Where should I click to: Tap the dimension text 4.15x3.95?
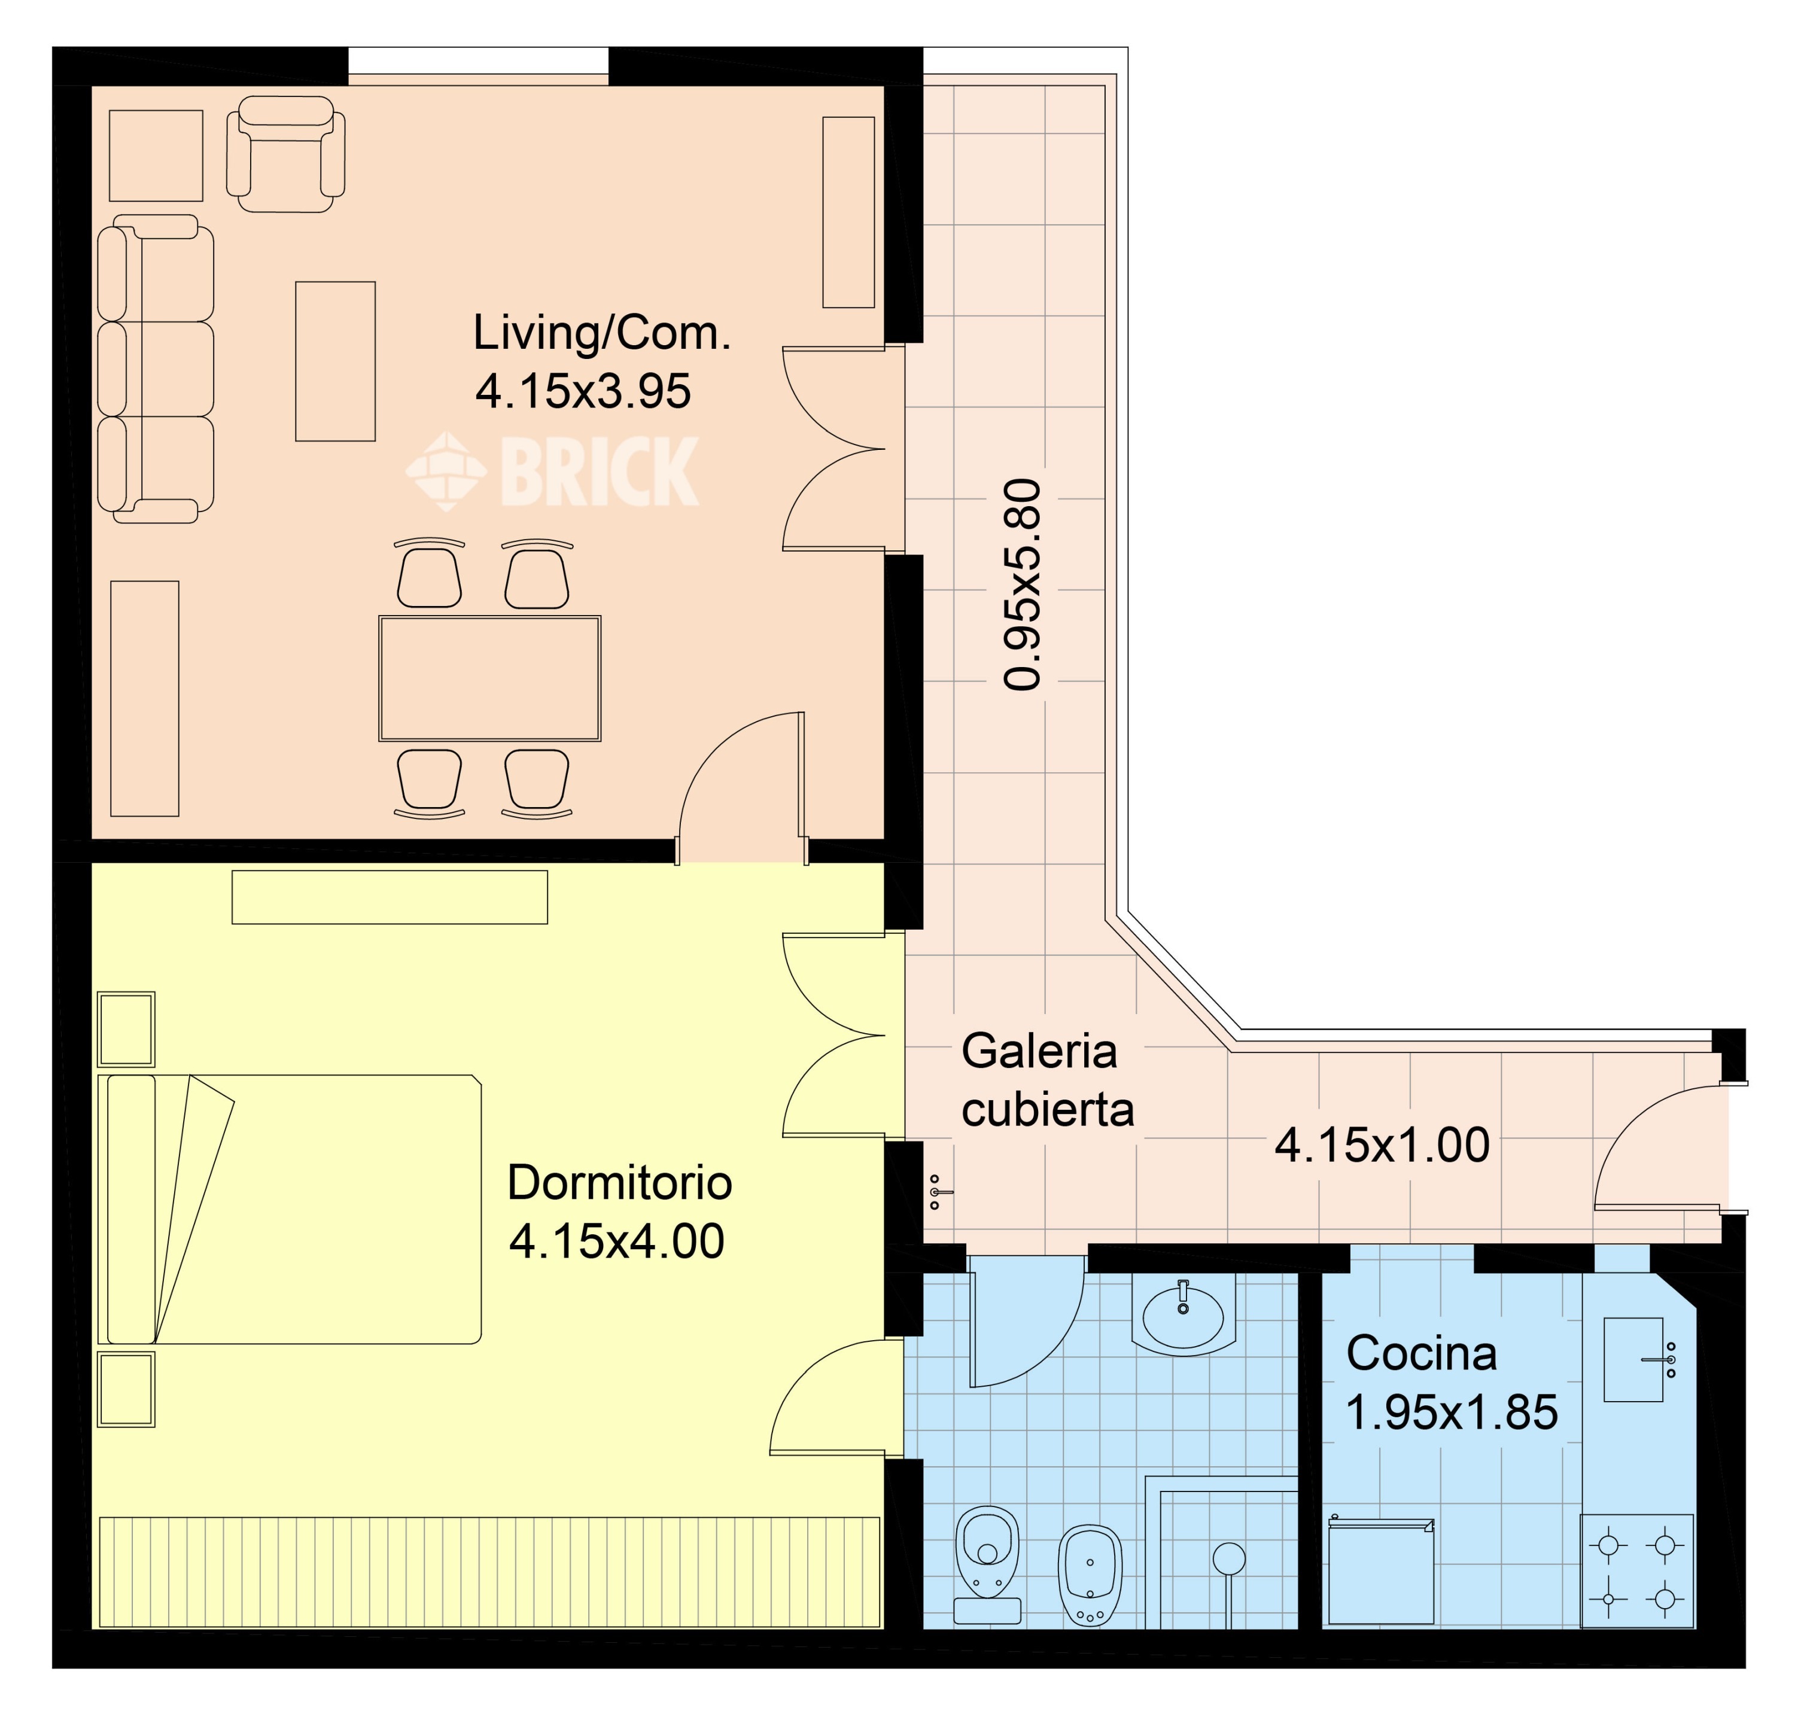coord(583,391)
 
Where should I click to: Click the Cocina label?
coord(1421,1353)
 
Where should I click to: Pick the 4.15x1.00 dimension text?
coord(1382,1145)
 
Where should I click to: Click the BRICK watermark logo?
coord(552,471)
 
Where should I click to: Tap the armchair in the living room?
coord(286,154)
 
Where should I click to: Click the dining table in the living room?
coord(490,678)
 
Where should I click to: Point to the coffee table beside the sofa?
coord(336,361)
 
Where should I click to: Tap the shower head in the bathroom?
coord(1229,1558)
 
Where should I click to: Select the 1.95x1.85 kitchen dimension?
coord(1452,1412)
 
